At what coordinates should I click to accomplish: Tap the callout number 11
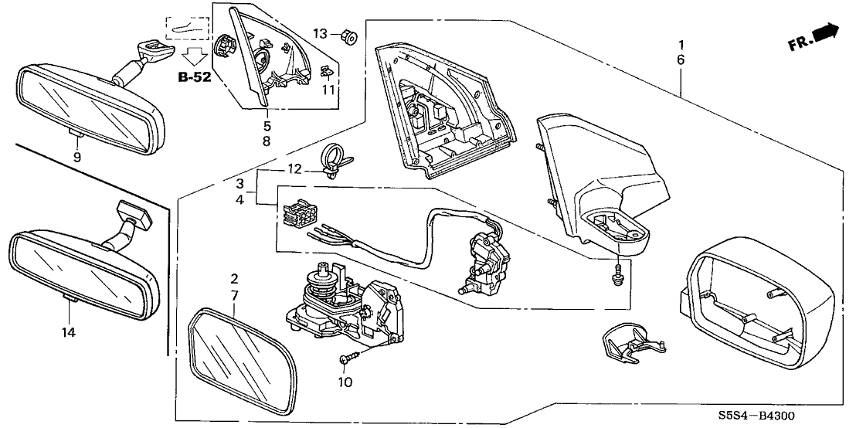[x=330, y=90]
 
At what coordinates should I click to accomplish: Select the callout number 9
[x=77, y=157]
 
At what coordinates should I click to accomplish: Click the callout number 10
[x=345, y=382]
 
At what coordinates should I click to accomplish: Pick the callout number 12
[x=294, y=168]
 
